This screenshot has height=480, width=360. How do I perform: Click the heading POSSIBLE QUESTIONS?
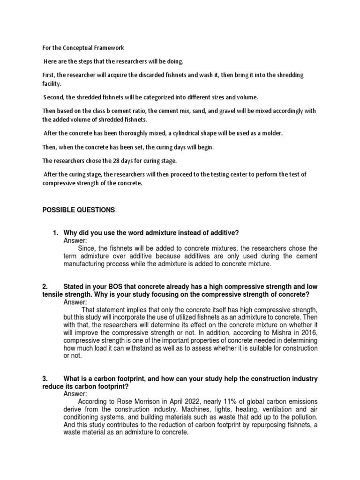(79, 210)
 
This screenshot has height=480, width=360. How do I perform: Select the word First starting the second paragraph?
(49, 75)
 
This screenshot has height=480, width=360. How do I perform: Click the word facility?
(52, 83)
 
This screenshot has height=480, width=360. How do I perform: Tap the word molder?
(272, 134)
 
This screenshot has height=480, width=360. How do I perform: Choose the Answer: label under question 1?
(75, 240)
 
